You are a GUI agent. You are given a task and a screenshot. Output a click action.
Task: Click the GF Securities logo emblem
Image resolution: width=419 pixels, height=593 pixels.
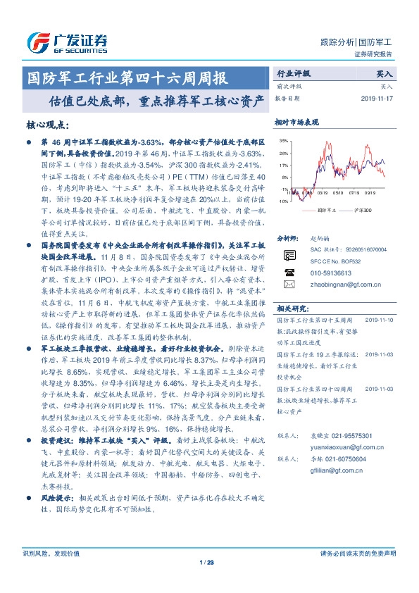tap(35, 40)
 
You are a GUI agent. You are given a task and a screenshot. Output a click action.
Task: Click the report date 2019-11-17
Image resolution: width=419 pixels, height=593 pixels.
tap(377, 99)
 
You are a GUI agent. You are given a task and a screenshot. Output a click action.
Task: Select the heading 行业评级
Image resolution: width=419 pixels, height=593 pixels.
tap(292, 73)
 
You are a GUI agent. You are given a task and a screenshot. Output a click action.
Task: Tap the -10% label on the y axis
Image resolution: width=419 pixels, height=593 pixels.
tap(282, 201)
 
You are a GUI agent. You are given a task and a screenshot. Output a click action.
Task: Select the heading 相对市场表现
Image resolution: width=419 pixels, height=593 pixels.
tap(296, 123)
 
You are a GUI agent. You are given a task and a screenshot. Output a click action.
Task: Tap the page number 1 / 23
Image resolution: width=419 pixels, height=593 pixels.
tap(206, 561)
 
